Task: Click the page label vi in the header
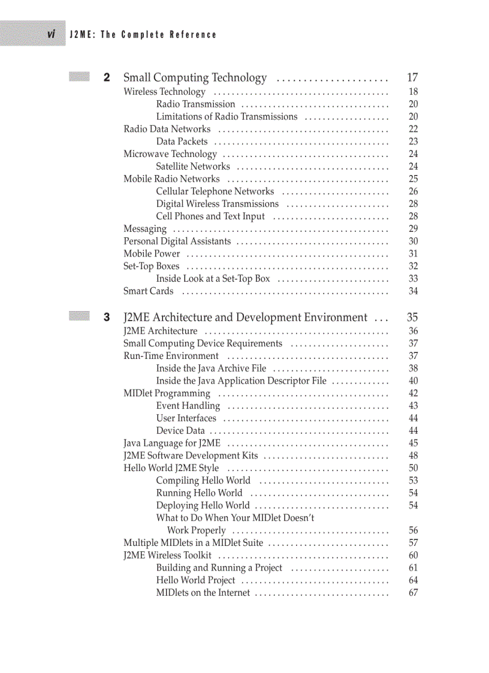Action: pyautogui.click(x=52, y=34)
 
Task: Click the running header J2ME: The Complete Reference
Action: pyautogui.click(x=143, y=35)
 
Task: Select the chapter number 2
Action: pyautogui.click(x=107, y=77)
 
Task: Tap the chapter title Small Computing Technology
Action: pyautogui.click(x=195, y=78)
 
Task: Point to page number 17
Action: pyautogui.click(x=412, y=77)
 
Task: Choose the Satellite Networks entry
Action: pyautogui.click(x=193, y=167)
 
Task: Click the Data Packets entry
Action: pyautogui.click(x=182, y=141)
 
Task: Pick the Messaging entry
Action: pyautogui.click(x=145, y=229)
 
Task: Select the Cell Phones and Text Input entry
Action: pyautogui.click(x=210, y=216)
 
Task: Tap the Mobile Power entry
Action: pyautogui.click(x=152, y=253)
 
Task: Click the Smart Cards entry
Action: pyautogui.click(x=149, y=291)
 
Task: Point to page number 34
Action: pyautogui.click(x=413, y=291)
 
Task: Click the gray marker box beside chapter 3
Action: pyautogui.click(x=79, y=316)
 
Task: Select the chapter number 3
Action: pyautogui.click(x=107, y=318)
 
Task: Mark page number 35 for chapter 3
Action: pyautogui.click(x=412, y=318)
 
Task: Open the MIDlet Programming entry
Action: pyautogui.click(x=167, y=394)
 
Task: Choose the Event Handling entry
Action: pyautogui.click(x=188, y=406)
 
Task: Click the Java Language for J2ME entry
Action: pyautogui.click(x=172, y=443)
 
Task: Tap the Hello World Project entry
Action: pyautogui.click(x=196, y=580)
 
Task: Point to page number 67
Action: pyautogui.click(x=413, y=593)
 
